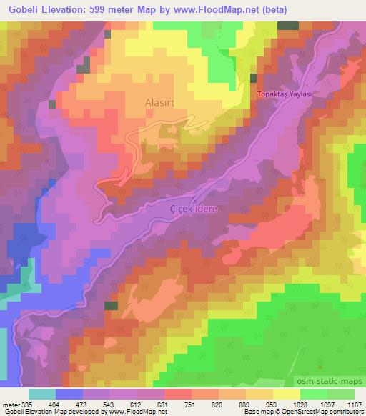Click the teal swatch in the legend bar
[x=42, y=394]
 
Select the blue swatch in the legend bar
[x=69, y=394]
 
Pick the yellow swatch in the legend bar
[x=287, y=394]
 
